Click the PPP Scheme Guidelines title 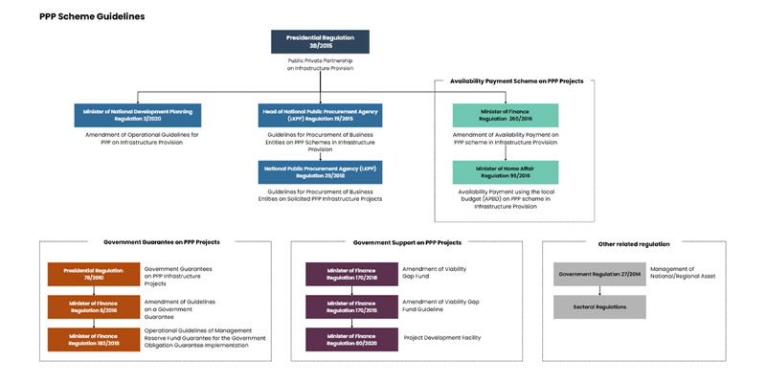92,16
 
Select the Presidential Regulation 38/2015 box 321,41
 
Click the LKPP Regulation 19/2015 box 321,115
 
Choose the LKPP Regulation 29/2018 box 321,172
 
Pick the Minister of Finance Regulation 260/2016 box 507,115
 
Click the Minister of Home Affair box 507,172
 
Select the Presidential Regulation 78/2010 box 94,274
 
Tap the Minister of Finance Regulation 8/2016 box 94,306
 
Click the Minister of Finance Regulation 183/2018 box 94,339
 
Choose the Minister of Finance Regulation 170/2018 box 351,274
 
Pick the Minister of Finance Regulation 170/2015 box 351,306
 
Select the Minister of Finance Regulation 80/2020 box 351,339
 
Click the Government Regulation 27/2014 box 599,274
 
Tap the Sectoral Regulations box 599,306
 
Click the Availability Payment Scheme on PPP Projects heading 516,81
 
